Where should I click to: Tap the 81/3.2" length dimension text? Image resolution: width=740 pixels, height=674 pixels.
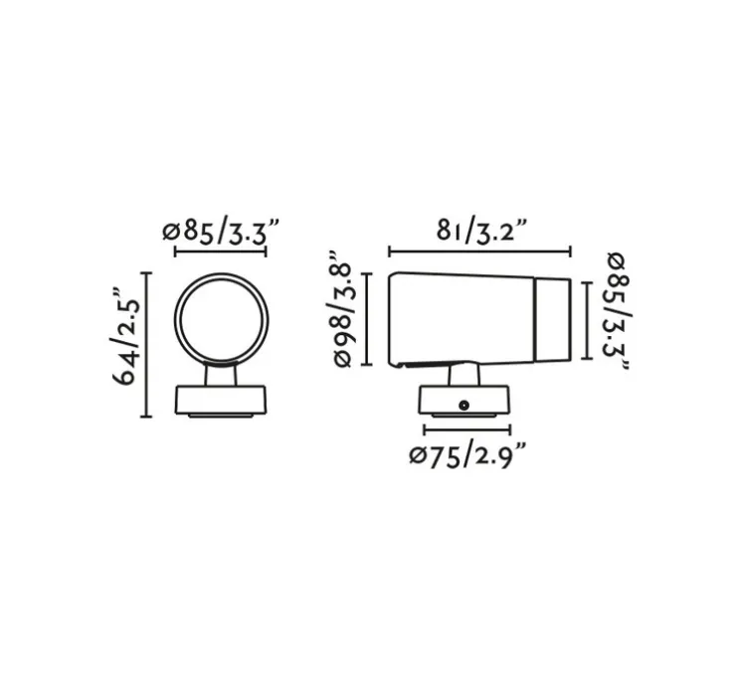(x=480, y=231)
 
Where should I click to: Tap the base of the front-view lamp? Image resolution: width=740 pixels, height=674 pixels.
(x=221, y=400)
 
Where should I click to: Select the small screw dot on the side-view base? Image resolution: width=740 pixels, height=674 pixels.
(x=463, y=405)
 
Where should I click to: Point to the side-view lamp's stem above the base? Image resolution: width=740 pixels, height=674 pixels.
(x=463, y=376)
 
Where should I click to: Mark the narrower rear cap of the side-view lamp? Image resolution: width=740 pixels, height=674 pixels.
(x=553, y=319)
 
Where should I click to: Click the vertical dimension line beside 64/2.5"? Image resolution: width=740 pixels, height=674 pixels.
(x=148, y=344)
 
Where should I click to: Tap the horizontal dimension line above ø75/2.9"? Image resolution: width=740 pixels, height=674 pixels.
(x=466, y=430)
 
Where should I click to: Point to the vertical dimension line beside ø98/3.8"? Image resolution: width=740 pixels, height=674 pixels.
(x=369, y=318)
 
